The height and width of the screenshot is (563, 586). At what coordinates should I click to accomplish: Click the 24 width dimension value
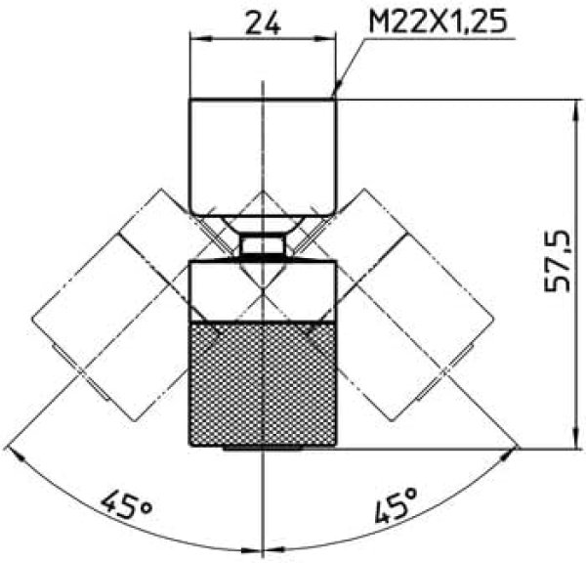[x=263, y=22]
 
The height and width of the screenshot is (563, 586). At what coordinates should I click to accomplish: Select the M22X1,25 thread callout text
[x=438, y=21]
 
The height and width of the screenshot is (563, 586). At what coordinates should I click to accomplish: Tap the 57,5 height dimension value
[x=557, y=261]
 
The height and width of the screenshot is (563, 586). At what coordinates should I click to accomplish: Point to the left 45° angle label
[x=126, y=504]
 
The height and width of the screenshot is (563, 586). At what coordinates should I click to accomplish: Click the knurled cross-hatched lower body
[x=263, y=384]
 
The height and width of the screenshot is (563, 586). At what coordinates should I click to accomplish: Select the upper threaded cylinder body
[x=263, y=156]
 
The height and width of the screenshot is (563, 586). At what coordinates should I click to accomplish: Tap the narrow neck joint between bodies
[x=263, y=245]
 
